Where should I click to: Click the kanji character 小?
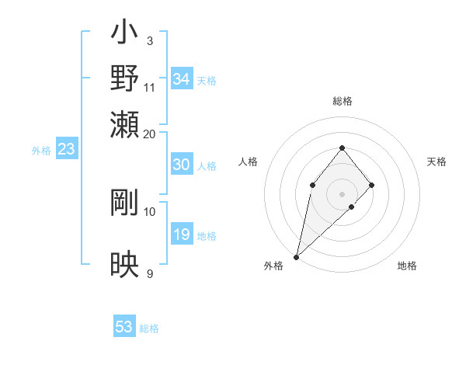click(124, 35)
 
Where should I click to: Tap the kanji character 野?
click(124, 78)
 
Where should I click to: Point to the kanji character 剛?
click(124, 202)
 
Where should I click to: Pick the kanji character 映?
click(124, 264)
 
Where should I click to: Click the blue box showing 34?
click(182, 79)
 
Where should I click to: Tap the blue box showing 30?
click(182, 165)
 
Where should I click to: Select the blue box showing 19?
click(182, 235)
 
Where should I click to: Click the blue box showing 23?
click(65, 149)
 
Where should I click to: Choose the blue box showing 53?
click(124, 327)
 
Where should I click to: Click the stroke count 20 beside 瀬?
click(150, 134)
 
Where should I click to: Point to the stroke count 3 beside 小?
click(150, 40)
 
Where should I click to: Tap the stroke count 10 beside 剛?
click(150, 211)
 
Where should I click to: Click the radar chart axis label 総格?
click(343, 101)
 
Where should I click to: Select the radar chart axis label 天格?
click(436, 162)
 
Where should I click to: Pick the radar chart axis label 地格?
click(407, 266)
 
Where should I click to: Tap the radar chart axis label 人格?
click(249, 162)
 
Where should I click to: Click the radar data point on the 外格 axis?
click(296, 256)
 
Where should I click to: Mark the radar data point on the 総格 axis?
click(343, 148)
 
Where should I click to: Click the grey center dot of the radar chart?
click(343, 193)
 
